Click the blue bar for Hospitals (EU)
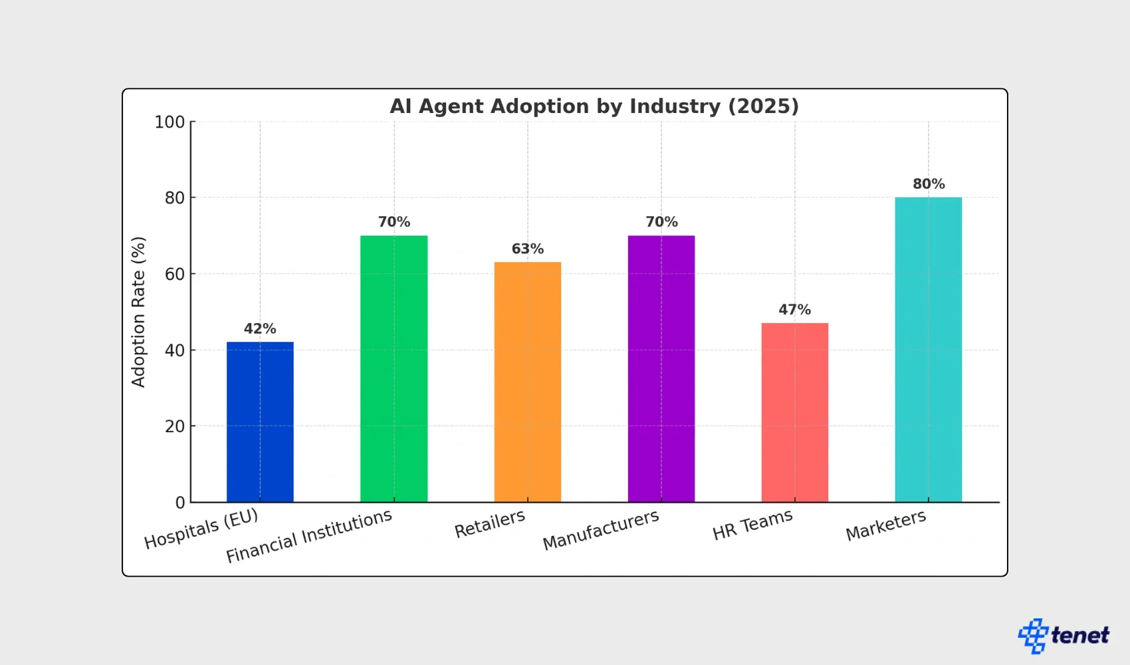click(x=260, y=422)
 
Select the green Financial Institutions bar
click(x=394, y=368)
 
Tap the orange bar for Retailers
click(x=527, y=382)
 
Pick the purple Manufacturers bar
click(x=661, y=368)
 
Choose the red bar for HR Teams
click(x=794, y=412)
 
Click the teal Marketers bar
click(x=928, y=349)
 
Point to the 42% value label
click(x=260, y=329)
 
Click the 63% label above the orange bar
click(x=527, y=249)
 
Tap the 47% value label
click(x=794, y=310)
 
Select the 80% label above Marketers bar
click(x=929, y=184)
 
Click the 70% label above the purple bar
click(x=661, y=222)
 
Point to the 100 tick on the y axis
click(x=169, y=122)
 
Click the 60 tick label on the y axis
click(x=175, y=274)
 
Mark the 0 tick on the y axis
click(x=180, y=503)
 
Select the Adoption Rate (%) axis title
click(x=138, y=312)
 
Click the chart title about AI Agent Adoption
click(x=594, y=106)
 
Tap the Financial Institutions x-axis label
click(x=309, y=536)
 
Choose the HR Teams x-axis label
click(x=752, y=525)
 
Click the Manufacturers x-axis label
click(x=601, y=530)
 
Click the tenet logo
click(x=1064, y=636)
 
